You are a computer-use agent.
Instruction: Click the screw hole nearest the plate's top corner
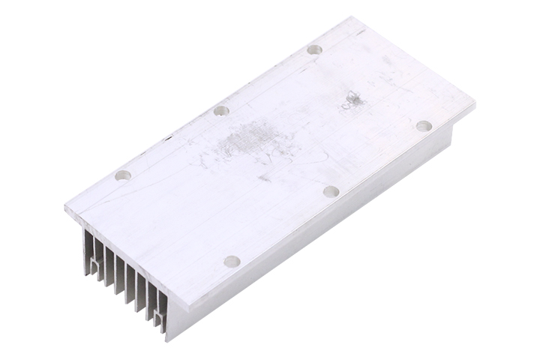pos(315,49)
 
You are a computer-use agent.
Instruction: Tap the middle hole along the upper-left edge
pos(220,111)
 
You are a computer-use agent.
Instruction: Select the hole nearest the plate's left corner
pos(124,175)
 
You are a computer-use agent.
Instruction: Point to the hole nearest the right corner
pos(424,125)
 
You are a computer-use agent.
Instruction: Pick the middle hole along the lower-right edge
pos(331,191)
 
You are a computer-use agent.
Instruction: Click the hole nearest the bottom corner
pos(232,262)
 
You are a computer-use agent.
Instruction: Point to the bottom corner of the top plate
pos(182,309)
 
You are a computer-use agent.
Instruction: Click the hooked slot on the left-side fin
pos(94,263)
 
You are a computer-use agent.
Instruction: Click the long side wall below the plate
pos(315,240)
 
